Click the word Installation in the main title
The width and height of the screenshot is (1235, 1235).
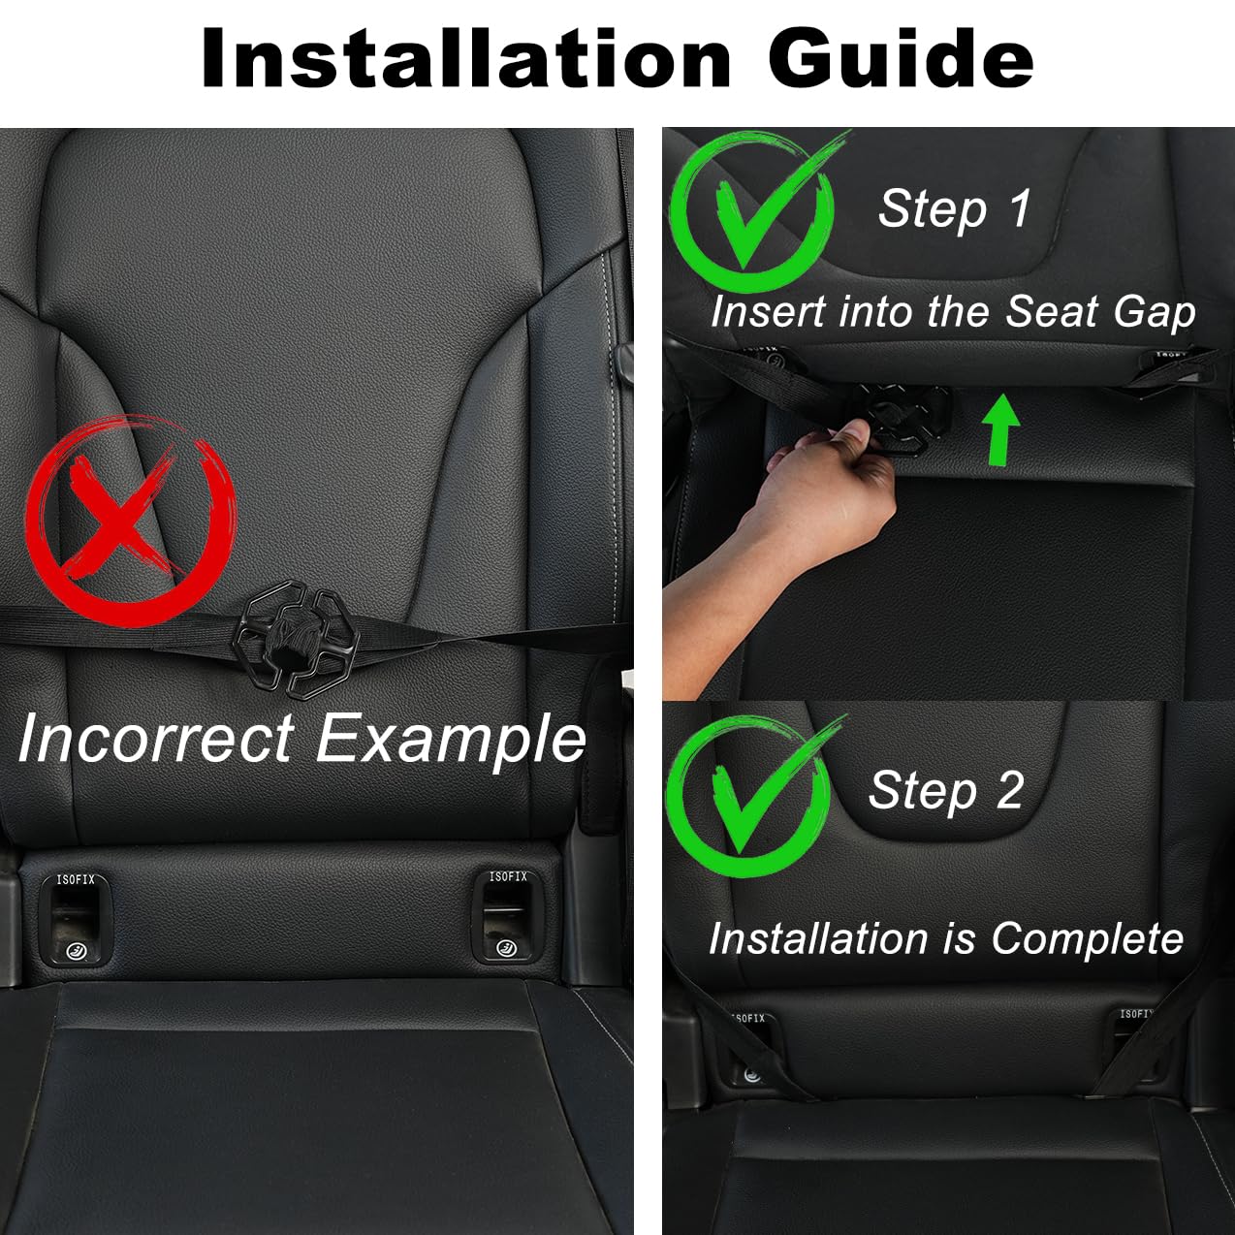pos(465,58)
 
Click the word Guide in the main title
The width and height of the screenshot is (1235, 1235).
pos(901,58)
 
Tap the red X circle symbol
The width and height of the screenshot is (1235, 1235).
pos(130,521)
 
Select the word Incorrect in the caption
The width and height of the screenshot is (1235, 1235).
pos(155,739)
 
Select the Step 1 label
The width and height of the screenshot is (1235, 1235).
pos(954,208)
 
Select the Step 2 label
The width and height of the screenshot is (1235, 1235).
pos(946,790)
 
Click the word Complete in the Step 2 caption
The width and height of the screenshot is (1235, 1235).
pos(1087,938)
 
